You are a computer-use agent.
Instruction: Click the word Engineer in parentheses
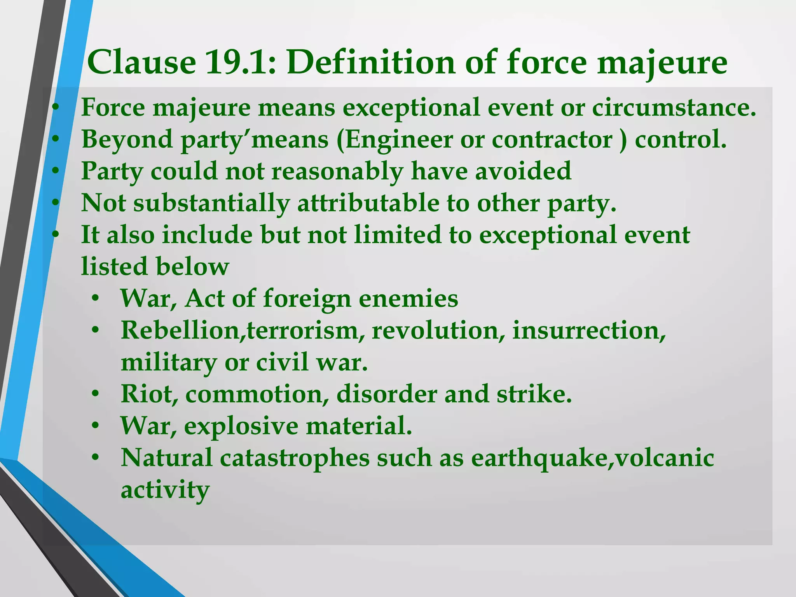[399, 140]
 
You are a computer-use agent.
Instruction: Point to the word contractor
[552, 140]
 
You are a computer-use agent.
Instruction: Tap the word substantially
[212, 203]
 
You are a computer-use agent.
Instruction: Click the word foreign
[307, 299]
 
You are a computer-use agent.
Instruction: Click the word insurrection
[589, 331]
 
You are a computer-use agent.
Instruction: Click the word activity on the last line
[165, 490]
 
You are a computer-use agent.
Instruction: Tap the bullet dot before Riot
[96, 395]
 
